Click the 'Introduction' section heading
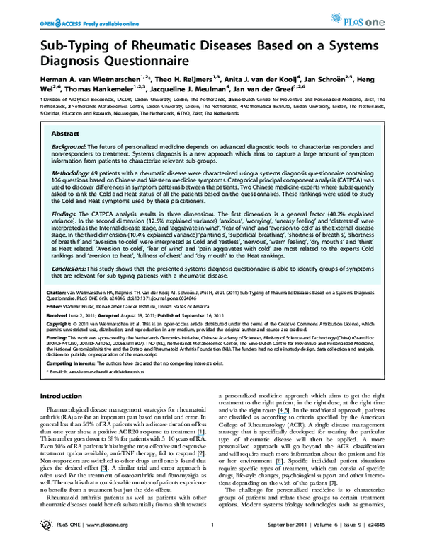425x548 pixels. tap(64, 396)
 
